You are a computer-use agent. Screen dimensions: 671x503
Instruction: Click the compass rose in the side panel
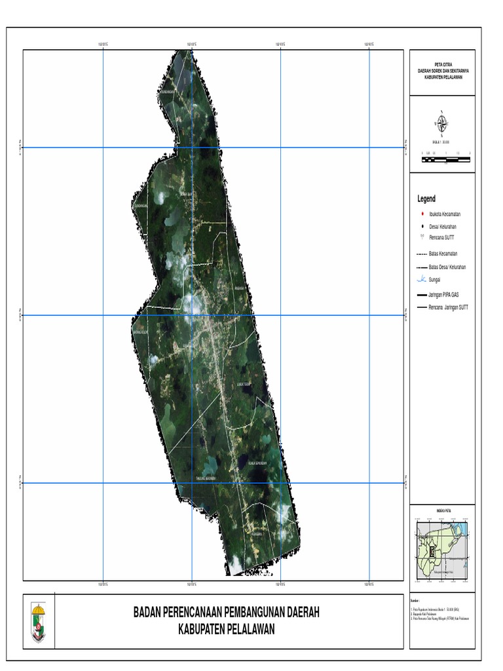[x=442, y=123]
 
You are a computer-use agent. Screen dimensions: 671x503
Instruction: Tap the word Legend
[x=426, y=199]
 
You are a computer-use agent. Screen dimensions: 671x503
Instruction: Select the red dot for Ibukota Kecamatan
[x=422, y=214]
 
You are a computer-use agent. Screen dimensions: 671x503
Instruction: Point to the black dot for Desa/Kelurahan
[x=422, y=226]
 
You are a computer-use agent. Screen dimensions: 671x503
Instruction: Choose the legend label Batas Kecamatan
[x=443, y=253]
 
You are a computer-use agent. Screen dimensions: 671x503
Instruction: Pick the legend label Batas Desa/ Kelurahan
[x=447, y=267]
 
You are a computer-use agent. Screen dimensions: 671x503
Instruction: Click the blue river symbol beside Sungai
[x=422, y=280]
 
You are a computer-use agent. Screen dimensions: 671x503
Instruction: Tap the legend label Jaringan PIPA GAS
[x=445, y=295]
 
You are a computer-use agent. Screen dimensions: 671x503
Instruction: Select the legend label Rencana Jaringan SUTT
[x=448, y=307]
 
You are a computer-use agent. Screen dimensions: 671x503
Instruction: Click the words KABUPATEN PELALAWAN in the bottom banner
[x=226, y=630]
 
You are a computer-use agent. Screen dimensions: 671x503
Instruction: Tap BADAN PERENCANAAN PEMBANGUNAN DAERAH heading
[x=226, y=613]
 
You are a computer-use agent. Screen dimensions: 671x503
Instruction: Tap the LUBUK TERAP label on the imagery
[x=244, y=385]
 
